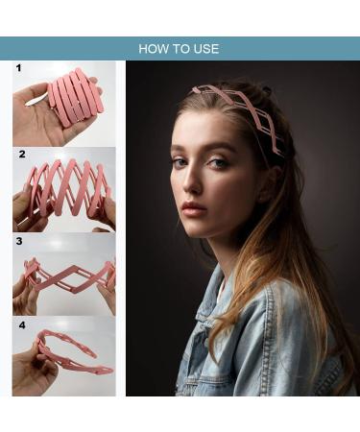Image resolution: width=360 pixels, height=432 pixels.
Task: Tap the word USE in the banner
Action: pyautogui.click(x=206, y=48)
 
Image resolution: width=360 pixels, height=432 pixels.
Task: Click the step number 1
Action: pyautogui.click(x=17, y=69)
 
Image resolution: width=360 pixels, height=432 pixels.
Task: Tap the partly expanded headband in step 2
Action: pyautogui.click(x=67, y=187)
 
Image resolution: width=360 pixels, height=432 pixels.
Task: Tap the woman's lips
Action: pyautogui.click(x=194, y=208)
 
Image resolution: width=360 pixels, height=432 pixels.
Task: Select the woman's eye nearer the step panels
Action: pyautogui.click(x=180, y=162)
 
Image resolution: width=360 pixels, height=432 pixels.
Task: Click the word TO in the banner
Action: pyautogui.click(x=180, y=48)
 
